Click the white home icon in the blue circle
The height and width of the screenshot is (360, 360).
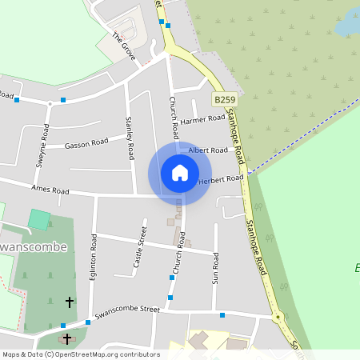point(180,172)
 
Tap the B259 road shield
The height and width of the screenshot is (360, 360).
point(225,100)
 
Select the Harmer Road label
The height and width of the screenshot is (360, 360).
point(203,120)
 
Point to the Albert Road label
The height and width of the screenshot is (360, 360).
point(208,150)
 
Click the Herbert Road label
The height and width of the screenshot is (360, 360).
point(220,178)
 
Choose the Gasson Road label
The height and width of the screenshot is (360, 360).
point(86,142)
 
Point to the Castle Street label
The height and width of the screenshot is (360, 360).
point(139,249)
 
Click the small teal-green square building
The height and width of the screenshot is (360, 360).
point(38,219)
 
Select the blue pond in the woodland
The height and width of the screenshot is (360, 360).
point(348,26)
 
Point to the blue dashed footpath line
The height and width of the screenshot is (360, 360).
point(304,136)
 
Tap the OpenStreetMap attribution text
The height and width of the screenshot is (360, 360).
point(80,354)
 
